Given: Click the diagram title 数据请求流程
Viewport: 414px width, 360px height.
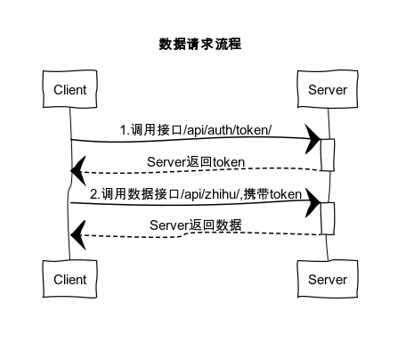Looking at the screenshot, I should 199,44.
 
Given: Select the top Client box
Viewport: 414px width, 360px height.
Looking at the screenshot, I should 70,90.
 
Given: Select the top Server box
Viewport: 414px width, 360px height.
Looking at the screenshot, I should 327,90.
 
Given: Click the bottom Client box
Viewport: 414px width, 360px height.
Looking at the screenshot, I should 70,280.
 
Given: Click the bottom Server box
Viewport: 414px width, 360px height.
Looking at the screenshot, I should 327,280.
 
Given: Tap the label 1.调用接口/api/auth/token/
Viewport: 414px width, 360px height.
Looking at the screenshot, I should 196,130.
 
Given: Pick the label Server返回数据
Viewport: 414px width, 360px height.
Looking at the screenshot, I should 196,224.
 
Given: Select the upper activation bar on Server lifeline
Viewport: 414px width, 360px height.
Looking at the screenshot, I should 327,153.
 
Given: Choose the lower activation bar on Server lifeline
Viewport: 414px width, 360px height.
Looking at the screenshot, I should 327,218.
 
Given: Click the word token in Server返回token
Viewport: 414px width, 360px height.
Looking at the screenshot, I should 227,161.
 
